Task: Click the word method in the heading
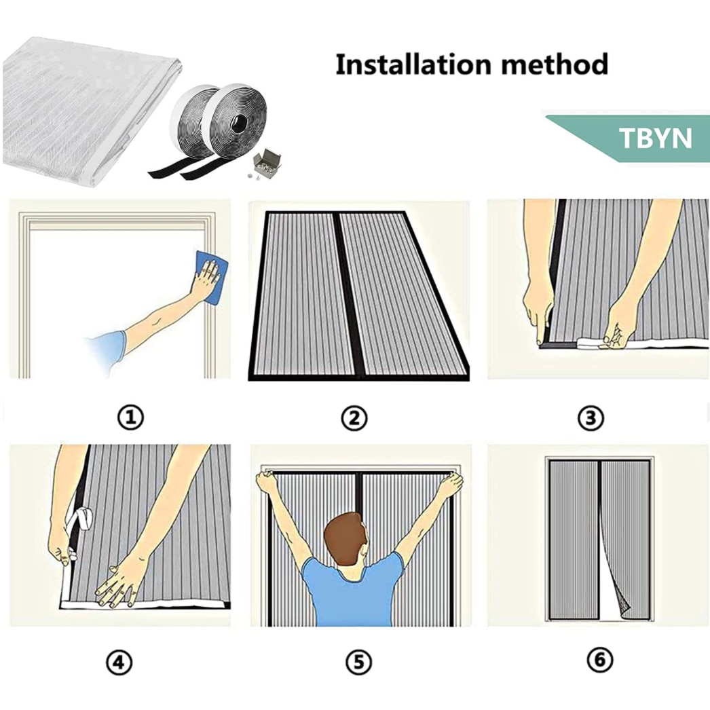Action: pos(555,64)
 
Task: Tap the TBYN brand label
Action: pos(655,138)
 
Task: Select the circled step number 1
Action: pos(130,417)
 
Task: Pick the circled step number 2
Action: pos(354,417)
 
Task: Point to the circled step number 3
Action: pos(591,417)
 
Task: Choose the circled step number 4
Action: pos(119,662)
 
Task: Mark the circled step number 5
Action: pos(358,662)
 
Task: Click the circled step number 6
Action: pos(600,660)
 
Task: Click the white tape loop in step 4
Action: pos(81,519)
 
